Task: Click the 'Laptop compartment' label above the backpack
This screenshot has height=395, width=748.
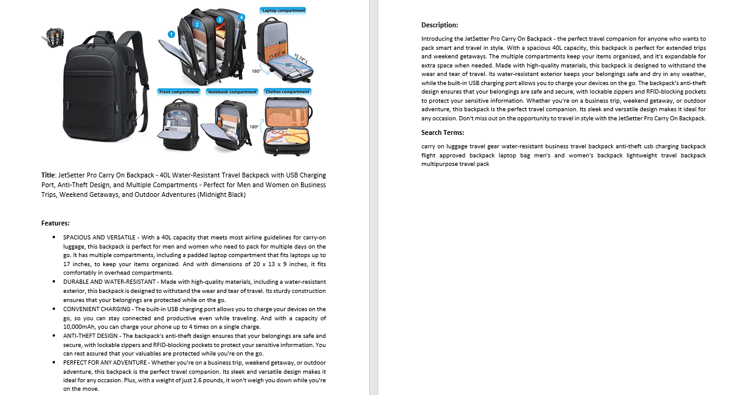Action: click(x=283, y=10)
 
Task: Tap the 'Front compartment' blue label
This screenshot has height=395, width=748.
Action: click(x=179, y=92)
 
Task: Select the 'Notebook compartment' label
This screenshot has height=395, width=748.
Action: click(x=232, y=92)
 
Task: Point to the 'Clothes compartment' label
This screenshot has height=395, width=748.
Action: click(x=287, y=92)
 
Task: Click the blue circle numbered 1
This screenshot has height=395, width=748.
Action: click(x=171, y=35)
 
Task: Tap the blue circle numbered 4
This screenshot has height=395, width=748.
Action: click(x=241, y=17)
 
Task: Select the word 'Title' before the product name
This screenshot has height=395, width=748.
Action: click(x=48, y=176)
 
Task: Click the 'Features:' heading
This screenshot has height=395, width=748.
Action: click(x=55, y=223)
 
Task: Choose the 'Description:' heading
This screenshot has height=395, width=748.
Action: click(x=440, y=25)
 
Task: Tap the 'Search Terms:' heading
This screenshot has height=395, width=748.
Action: click(x=443, y=132)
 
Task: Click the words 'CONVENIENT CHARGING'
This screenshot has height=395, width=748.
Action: click(x=97, y=309)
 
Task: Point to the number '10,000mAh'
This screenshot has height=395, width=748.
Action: click(x=78, y=327)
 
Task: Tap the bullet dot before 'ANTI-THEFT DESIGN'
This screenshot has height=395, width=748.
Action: click(x=55, y=336)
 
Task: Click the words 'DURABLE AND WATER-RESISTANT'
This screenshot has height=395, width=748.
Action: click(x=106, y=282)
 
